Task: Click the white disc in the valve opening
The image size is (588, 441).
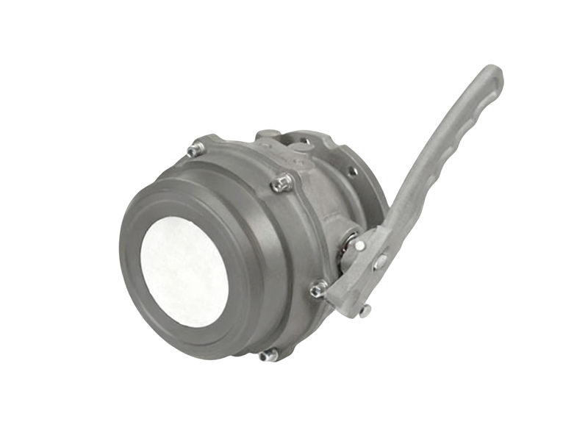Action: click(183, 262)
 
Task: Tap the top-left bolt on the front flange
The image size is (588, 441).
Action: click(195, 149)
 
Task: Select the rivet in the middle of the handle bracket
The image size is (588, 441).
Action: click(380, 261)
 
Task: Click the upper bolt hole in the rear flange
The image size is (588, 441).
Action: click(353, 171)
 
